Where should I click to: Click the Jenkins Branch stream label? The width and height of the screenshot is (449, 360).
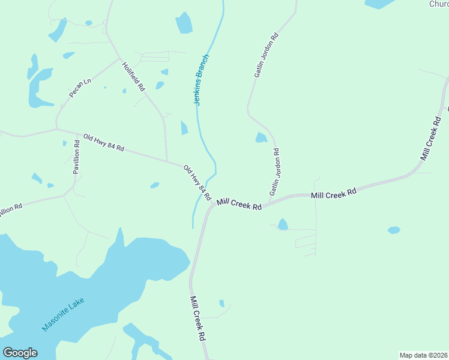point(202,80)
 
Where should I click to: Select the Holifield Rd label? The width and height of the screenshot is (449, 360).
point(133,77)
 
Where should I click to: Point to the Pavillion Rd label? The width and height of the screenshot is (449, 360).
point(77,157)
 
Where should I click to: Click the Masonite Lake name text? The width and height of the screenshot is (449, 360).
point(64,315)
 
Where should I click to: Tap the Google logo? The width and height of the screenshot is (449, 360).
point(20,353)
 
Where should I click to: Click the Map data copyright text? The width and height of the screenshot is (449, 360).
point(423,355)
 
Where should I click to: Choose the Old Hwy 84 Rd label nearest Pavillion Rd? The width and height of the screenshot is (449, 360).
point(103,142)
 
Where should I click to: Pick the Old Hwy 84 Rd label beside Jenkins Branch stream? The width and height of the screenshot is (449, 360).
point(197,183)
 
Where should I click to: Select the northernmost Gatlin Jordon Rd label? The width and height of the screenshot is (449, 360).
point(267,55)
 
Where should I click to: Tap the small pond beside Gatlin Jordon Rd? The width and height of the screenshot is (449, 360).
point(261,138)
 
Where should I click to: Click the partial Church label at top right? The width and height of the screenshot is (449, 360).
point(439,4)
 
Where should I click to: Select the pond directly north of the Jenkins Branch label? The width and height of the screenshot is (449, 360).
point(184,23)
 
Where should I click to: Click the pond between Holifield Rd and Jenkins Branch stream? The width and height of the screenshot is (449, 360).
point(184,128)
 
